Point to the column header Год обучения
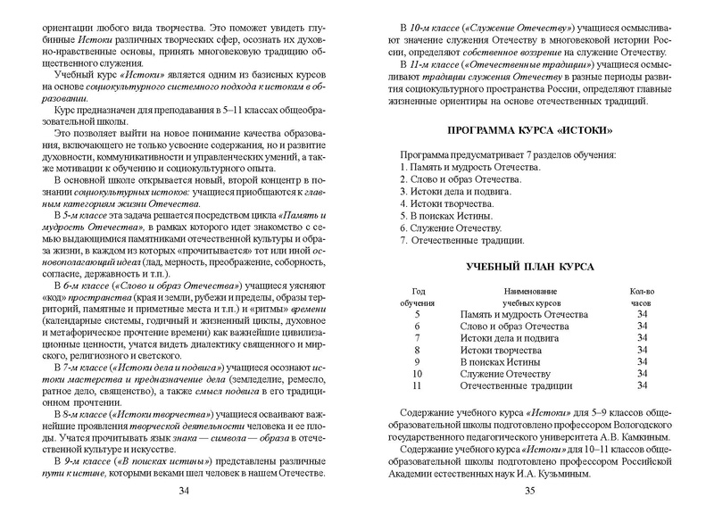point(418,296)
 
